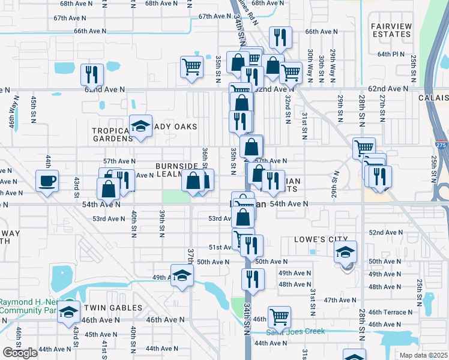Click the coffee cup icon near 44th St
[47, 181]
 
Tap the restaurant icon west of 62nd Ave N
[92, 74]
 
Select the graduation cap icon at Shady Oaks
[140, 126]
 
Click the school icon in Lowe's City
[345, 252]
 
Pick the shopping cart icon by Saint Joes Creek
[279, 316]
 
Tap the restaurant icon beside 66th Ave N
[280, 38]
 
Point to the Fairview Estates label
[391, 30]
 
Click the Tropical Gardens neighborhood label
[112, 134]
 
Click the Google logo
[20, 353]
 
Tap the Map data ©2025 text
[423, 355]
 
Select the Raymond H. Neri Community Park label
[30, 306]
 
